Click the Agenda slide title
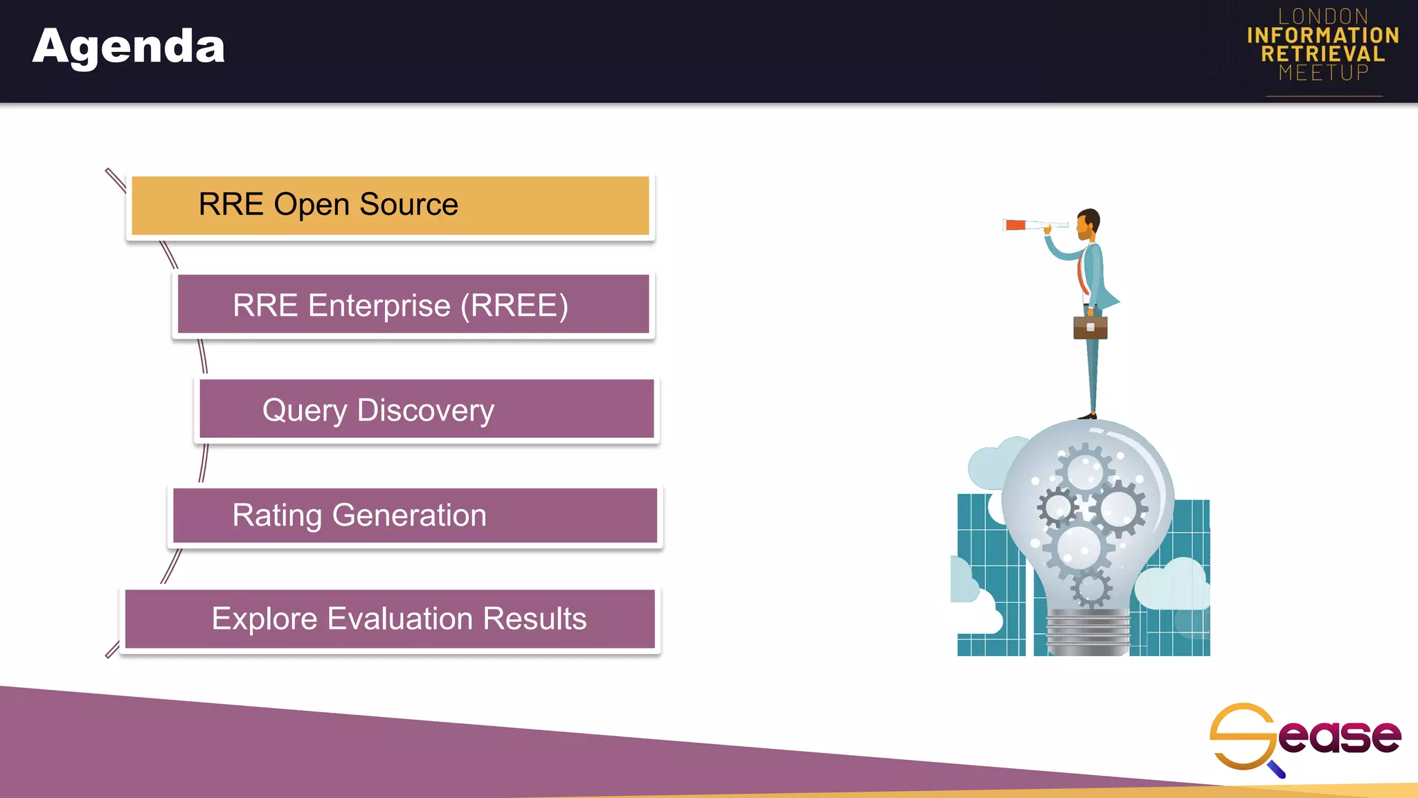click(129, 47)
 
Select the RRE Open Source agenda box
click(390, 206)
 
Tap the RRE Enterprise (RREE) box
click(413, 305)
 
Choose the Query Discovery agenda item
click(426, 409)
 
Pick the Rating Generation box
click(414, 515)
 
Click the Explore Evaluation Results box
click(390, 619)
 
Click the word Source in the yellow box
click(409, 204)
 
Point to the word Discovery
click(425, 410)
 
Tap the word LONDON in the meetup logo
click(1322, 17)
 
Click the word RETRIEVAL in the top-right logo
click(1322, 54)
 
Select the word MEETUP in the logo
click(1323, 73)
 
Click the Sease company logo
click(1304, 737)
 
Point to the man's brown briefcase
click(1090, 328)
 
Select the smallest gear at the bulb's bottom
click(1091, 589)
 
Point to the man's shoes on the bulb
click(1087, 416)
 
